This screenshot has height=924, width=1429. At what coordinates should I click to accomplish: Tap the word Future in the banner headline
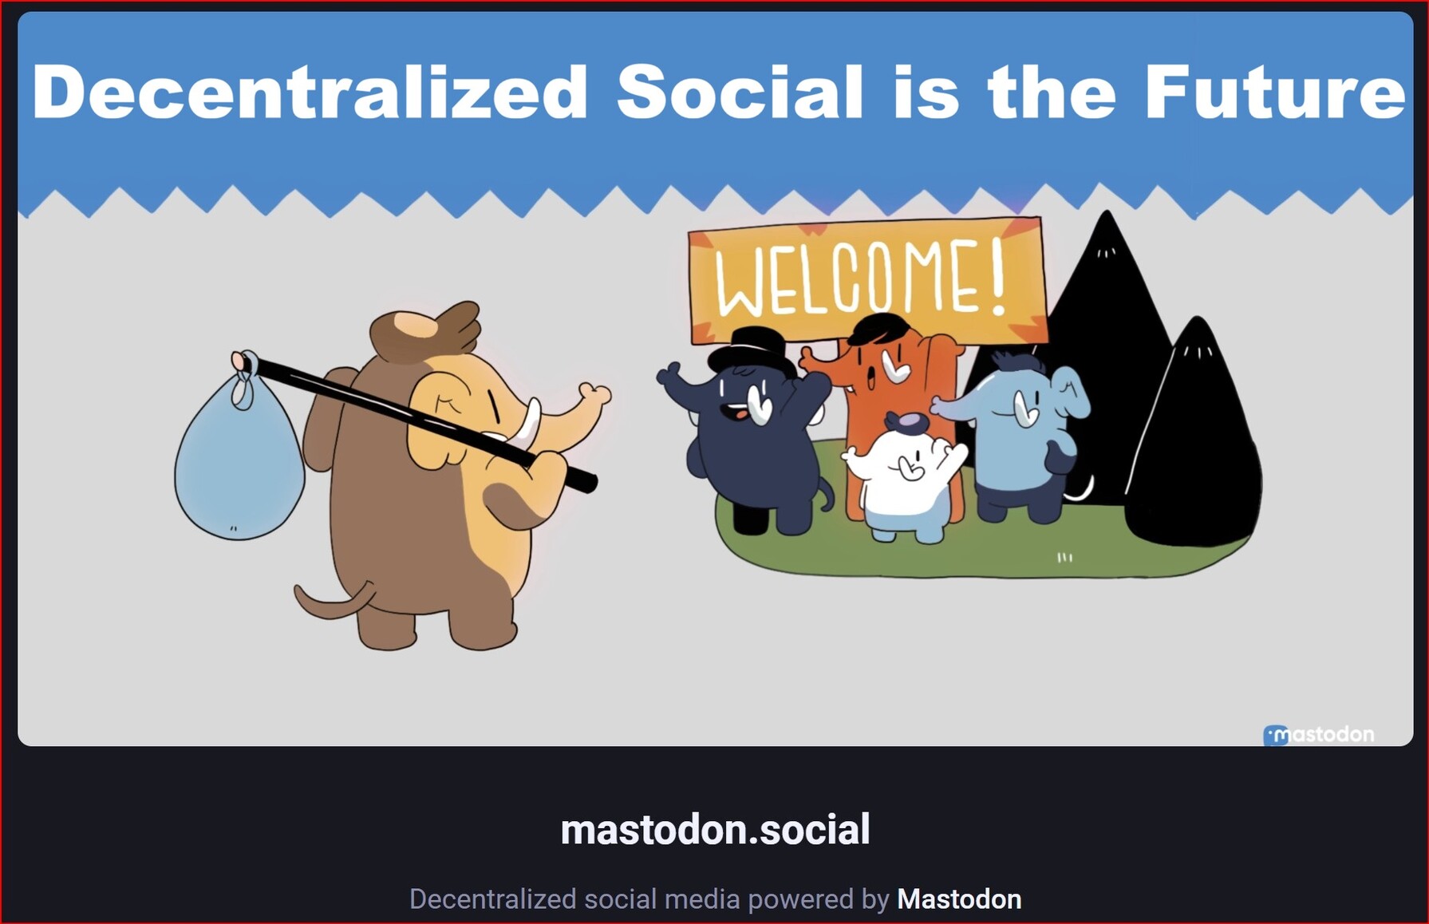pos(1274,92)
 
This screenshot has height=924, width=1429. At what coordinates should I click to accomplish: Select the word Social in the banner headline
pos(740,92)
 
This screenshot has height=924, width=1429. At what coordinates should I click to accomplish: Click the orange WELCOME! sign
pos(867,278)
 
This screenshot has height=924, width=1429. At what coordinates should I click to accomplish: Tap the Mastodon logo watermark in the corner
pos(1319,734)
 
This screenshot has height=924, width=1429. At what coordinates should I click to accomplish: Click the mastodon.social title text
pos(715,830)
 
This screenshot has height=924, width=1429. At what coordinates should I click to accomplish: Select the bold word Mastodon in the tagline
pos(959,899)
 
